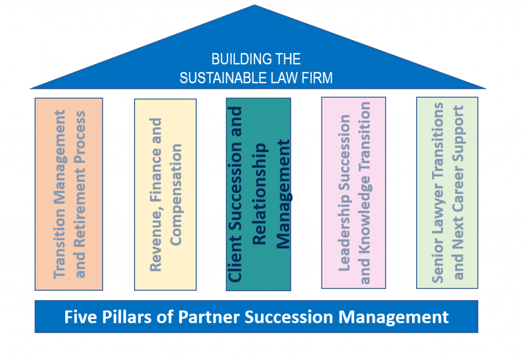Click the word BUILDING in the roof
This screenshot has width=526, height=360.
pos(237,59)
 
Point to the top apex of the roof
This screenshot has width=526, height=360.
pos(255,5)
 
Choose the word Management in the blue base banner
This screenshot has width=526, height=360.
pos(393,317)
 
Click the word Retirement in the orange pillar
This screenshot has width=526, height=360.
pos(80,207)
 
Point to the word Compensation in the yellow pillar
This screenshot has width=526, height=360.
pos(176,195)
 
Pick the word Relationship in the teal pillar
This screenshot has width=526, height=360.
pos(259,194)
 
